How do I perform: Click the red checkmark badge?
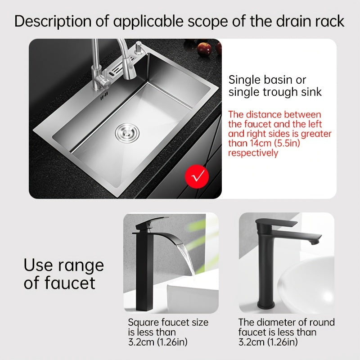point(195,175)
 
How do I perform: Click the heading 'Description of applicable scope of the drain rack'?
point(180,21)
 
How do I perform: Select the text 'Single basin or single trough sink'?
point(275,86)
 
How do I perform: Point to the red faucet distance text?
point(279,134)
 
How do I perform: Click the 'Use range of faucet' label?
point(63,274)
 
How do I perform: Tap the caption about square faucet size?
point(168,332)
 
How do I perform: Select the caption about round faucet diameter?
point(286,332)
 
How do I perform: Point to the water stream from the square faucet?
point(189,261)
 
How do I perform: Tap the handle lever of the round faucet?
point(279,223)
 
